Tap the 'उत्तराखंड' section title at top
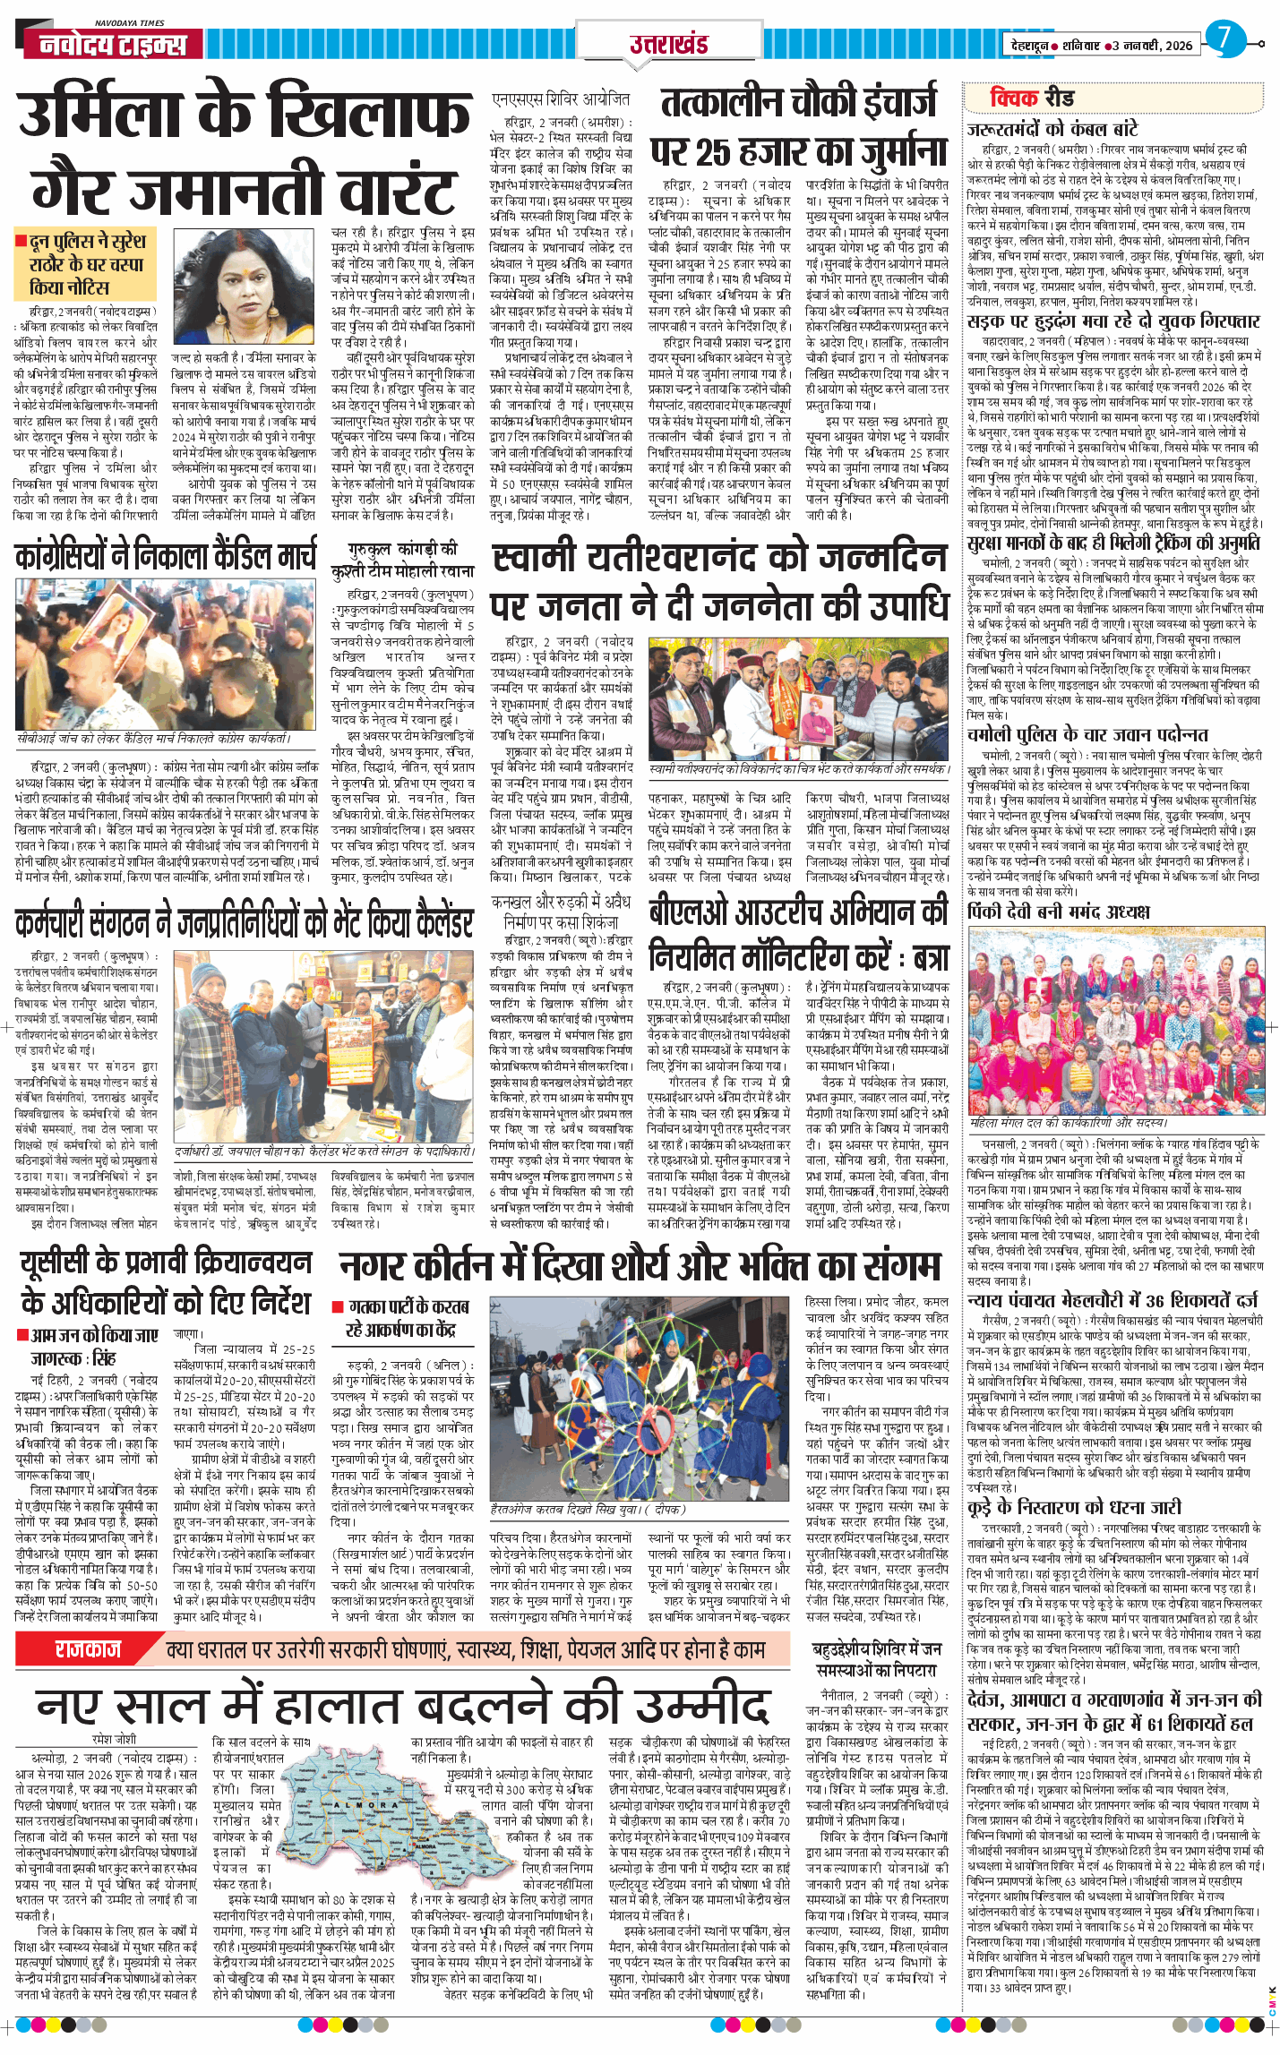668,45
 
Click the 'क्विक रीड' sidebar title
1032,98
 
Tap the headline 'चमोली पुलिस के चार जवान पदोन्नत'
1087,734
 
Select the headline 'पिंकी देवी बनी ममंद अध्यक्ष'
1058,912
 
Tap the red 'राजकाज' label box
87,1648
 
